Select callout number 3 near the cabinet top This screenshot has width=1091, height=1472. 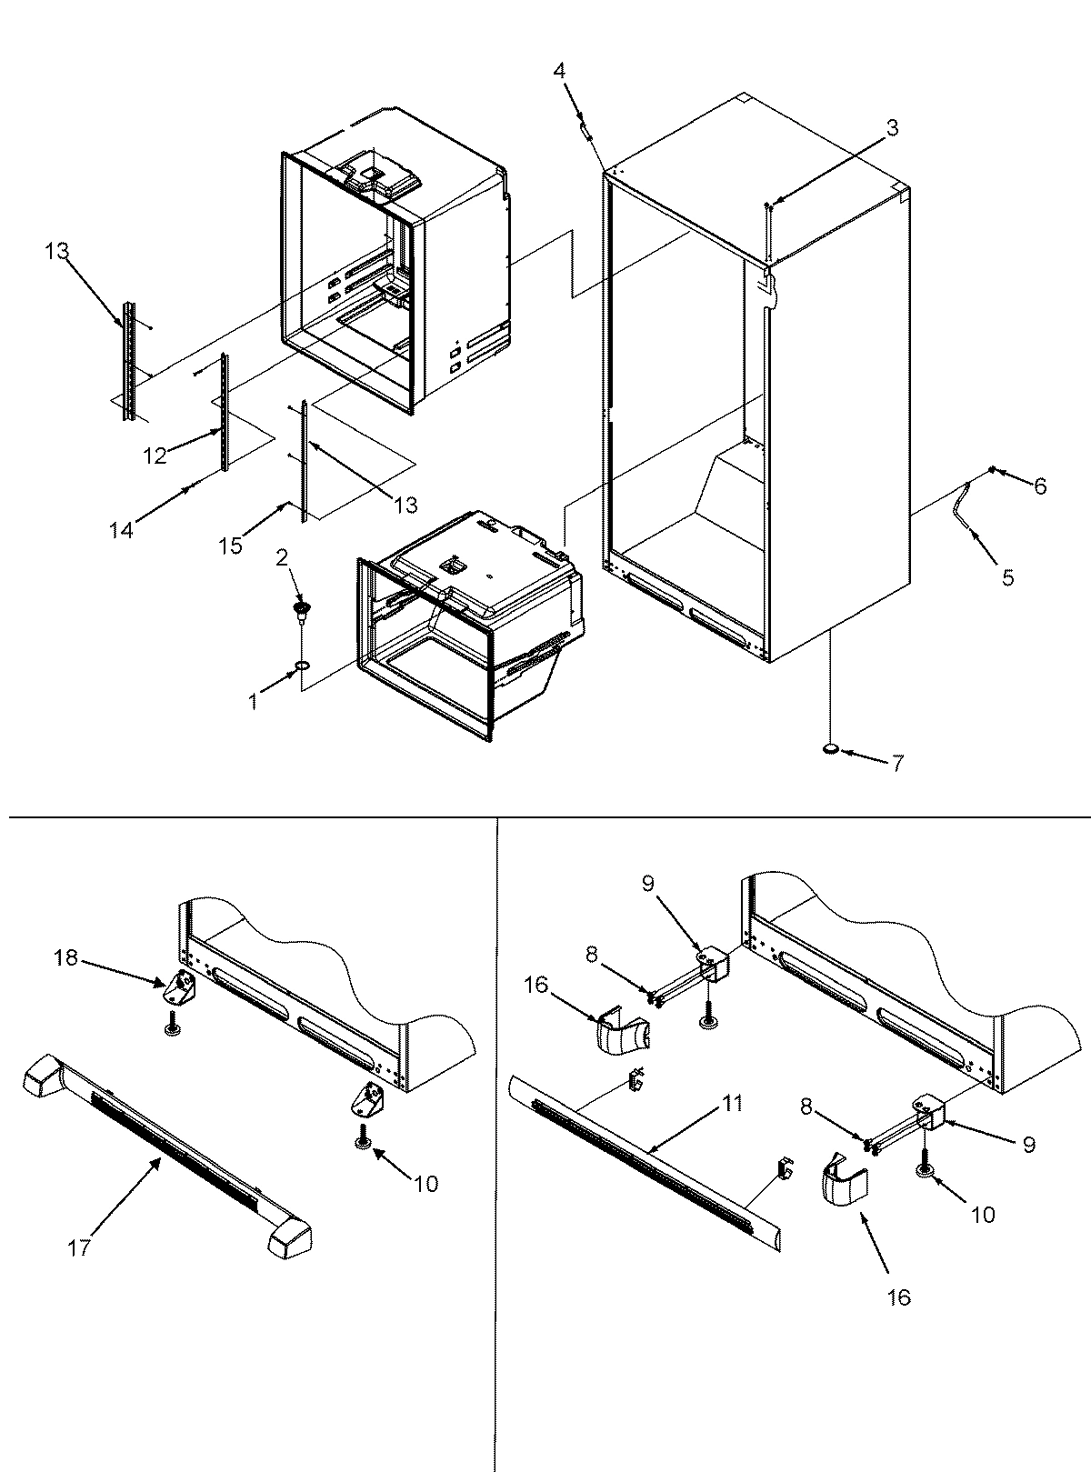click(x=893, y=128)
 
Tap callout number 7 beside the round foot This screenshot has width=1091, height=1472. click(x=896, y=764)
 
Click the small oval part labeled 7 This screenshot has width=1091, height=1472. click(x=830, y=749)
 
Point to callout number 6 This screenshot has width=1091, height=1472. click(x=1038, y=486)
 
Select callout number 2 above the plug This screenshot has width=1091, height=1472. click(x=282, y=557)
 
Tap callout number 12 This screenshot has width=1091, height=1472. click(x=154, y=456)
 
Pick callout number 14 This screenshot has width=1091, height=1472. click(x=121, y=529)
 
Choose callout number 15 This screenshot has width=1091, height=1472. click(x=230, y=545)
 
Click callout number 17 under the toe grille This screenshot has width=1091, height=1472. click(x=79, y=1247)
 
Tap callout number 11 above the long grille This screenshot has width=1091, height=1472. click(x=733, y=1104)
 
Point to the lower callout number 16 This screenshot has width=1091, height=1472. click(x=898, y=1297)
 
